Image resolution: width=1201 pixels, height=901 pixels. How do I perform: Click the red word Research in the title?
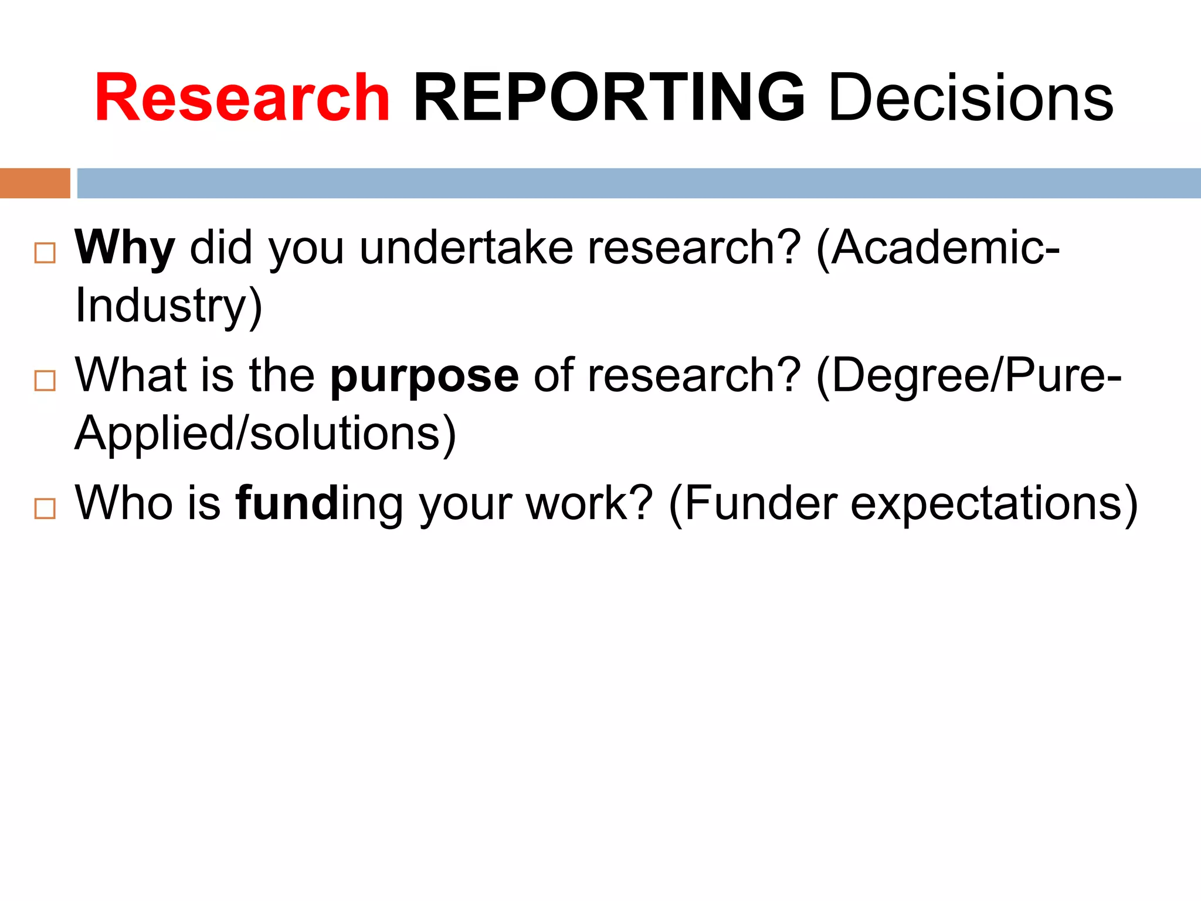pyautogui.click(x=242, y=97)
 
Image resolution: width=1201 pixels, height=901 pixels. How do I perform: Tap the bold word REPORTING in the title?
pyautogui.click(x=609, y=97)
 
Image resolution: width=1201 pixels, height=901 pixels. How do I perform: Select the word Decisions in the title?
pyautogui.click(x=971, y=97)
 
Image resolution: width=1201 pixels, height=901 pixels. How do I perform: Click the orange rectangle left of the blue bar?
pyautogui.click(x=35, y=183)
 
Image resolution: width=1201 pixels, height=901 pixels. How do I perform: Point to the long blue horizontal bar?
pyautogui.click(x=639, y=183)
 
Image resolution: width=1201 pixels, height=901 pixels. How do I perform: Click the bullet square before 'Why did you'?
pyautogui.click(x=45, y=253)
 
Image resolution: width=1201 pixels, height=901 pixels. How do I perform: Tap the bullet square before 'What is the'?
pyautogui.click(x=45, y=381)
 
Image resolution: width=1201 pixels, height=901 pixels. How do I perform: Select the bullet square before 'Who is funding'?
pyautogui.click(x=45, y=509)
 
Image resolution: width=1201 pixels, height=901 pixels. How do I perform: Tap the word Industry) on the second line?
pyautogui.click(x=169, y=306)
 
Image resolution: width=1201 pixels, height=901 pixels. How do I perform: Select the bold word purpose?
pyautogui.click(x=425, y=376)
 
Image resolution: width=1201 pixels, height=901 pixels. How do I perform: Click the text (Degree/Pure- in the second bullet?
pyautogui.click(x=968, y=376)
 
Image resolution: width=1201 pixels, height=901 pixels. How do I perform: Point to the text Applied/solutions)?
pyautogui.click(x=266, y=433)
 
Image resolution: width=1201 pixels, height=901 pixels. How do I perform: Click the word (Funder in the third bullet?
pyautogui.click(x=753, y=503)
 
